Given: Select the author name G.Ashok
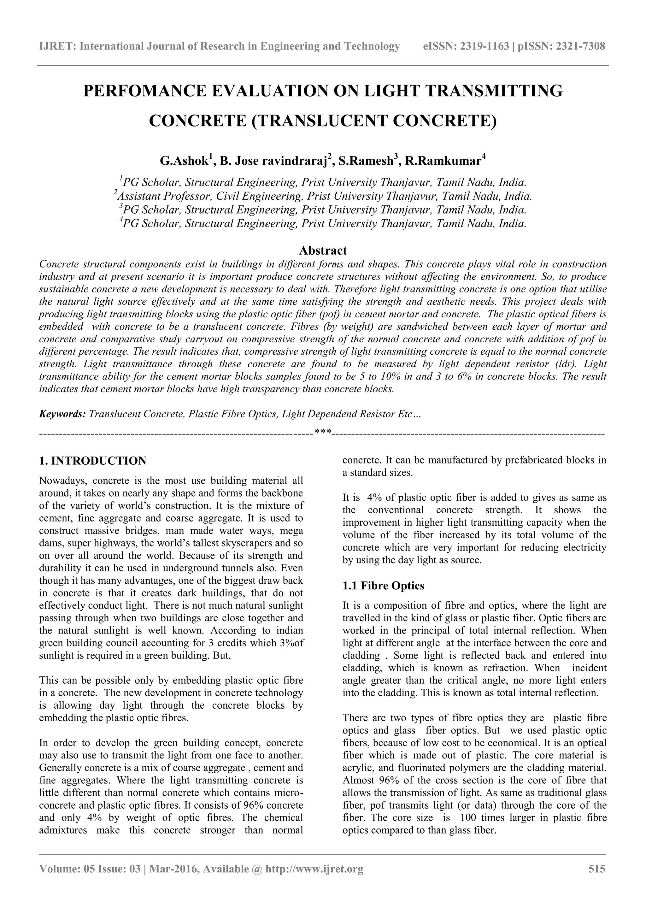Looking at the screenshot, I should click(x=184, y=161).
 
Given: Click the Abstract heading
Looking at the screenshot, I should click(x=323, y=251).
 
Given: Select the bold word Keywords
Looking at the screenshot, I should click(x=62, y=414).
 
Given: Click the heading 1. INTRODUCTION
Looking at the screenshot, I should click(x=93, y=461).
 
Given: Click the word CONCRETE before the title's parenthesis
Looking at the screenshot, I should click(x=198, y=121).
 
